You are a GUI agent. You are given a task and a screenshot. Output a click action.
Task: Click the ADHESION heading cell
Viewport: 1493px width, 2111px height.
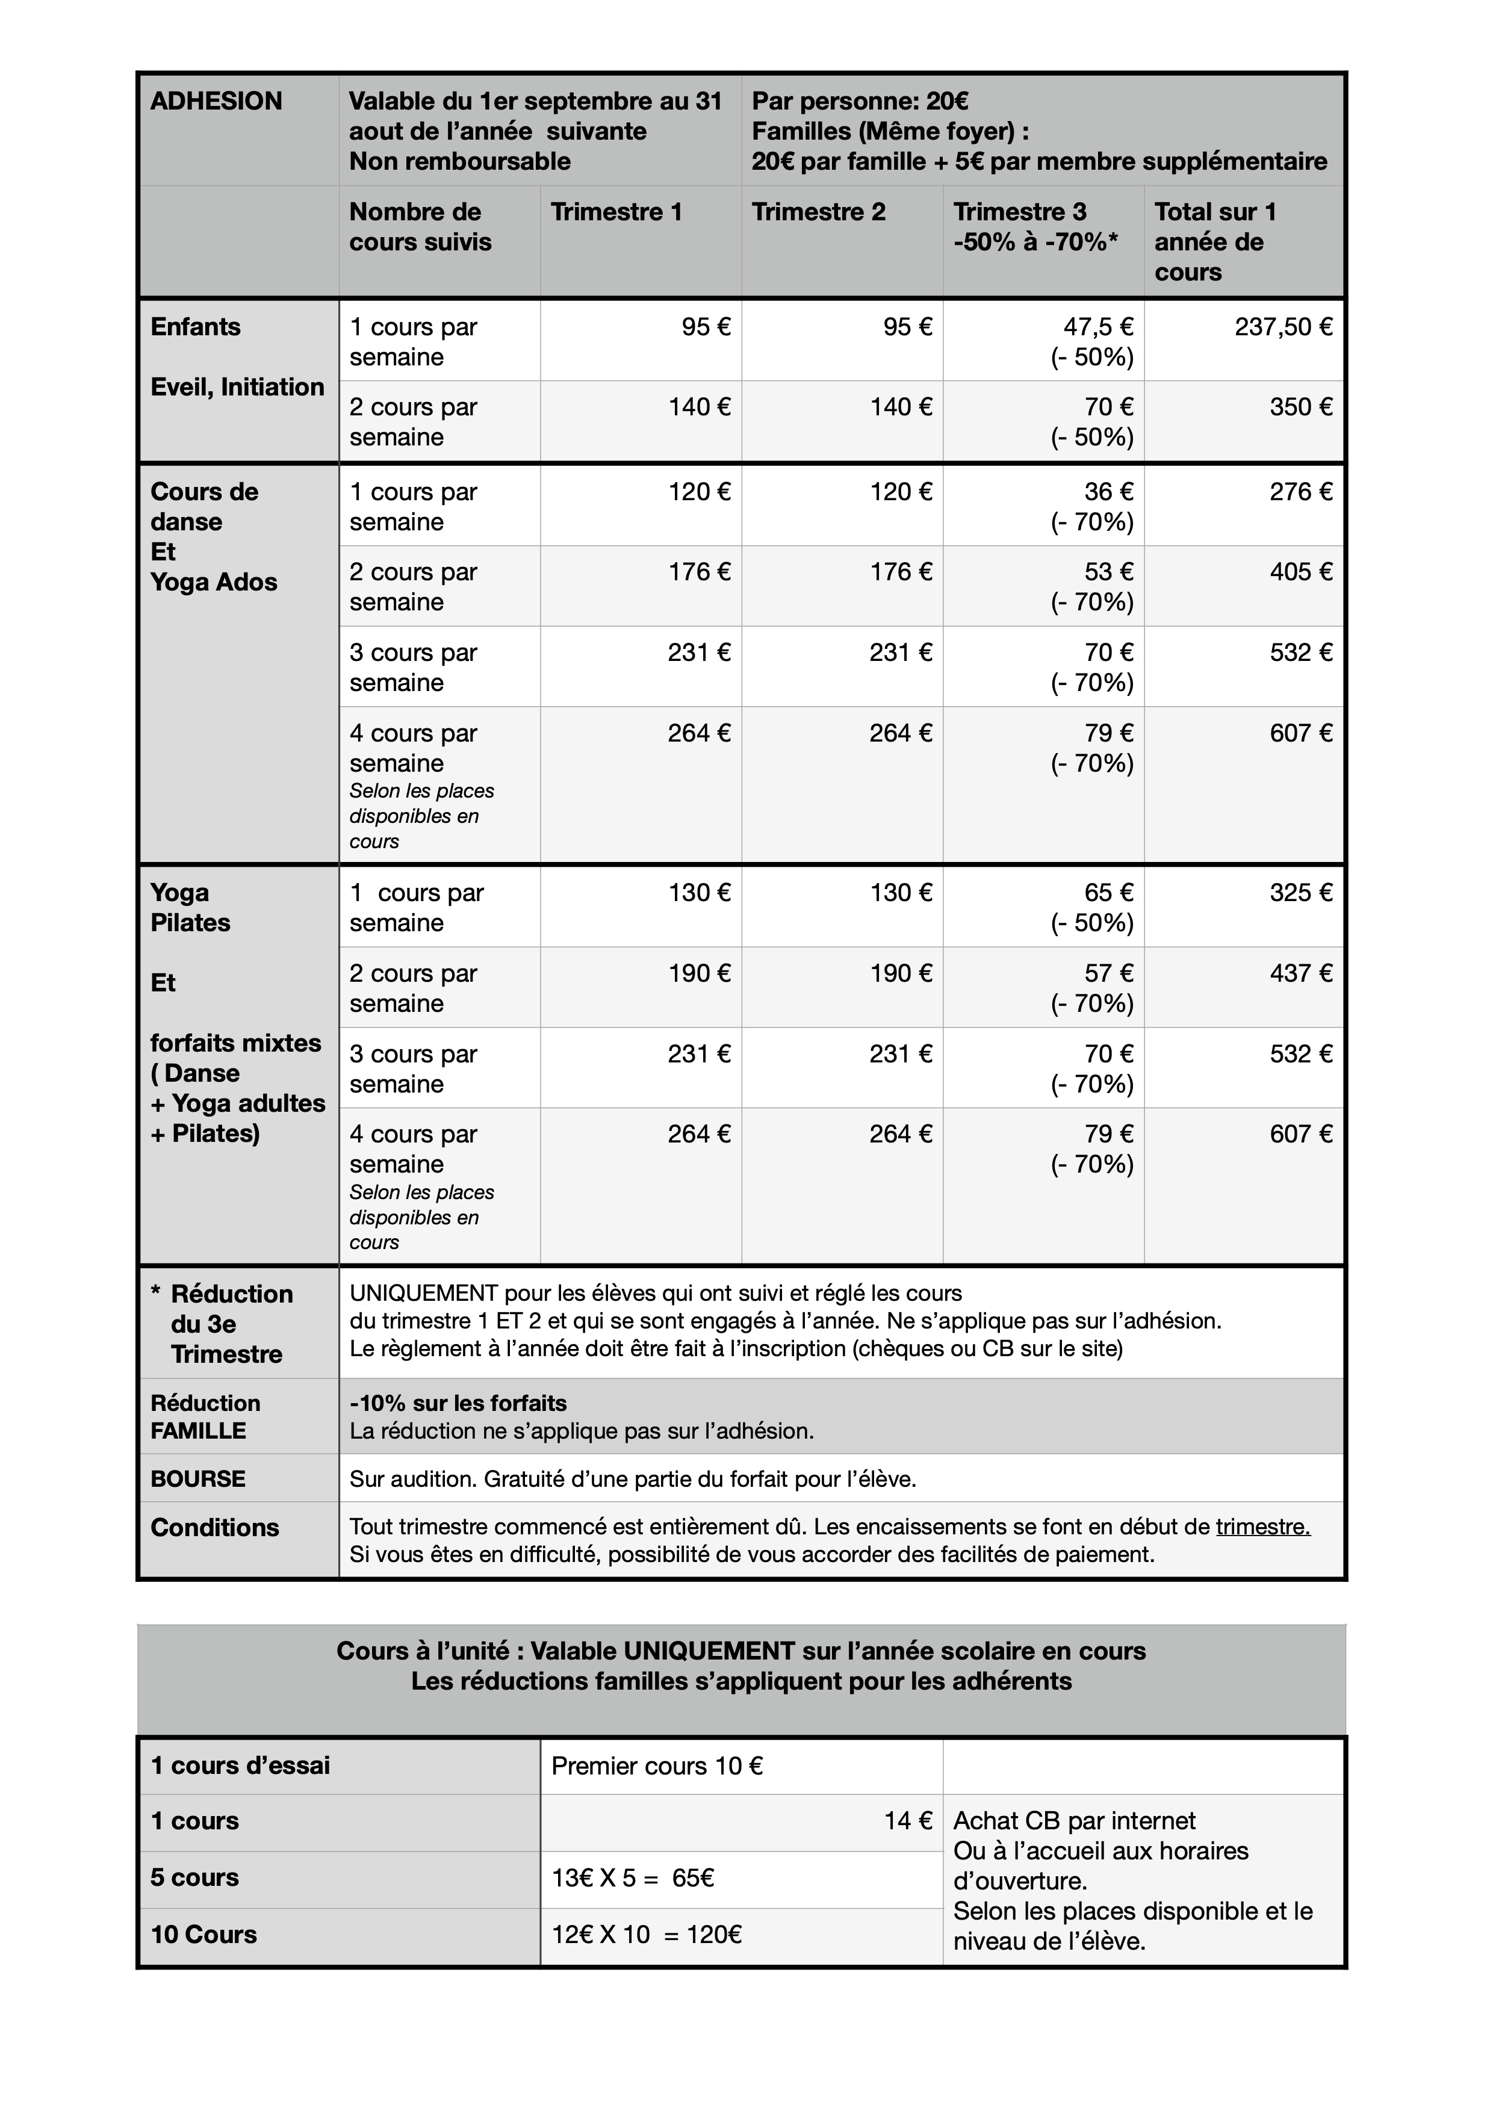pyautogui.click(x=216, y=101)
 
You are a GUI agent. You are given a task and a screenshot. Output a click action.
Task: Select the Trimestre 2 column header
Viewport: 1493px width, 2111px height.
pyautogui.click(x=818, y=212)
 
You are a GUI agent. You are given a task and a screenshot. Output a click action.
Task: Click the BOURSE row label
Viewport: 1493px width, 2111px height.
pyautogui.click(x=197, y=1480)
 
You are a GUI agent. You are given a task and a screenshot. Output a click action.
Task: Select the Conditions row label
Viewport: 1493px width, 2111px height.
pyautogui.click(x=214, y=1528)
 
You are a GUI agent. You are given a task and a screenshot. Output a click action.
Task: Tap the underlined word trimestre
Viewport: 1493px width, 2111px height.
pyautogui.click(x=1262, y=1527)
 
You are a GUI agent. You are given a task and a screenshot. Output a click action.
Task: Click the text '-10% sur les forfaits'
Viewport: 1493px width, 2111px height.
pyautogui.click(x=458, y=1404)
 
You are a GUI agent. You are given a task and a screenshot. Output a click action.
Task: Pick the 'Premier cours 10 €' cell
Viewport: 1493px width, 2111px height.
pyautogui.click(x=656, y=1766)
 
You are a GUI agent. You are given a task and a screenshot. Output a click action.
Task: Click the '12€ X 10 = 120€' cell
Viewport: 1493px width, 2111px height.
pyautogui.click(x=647, y=1935)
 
